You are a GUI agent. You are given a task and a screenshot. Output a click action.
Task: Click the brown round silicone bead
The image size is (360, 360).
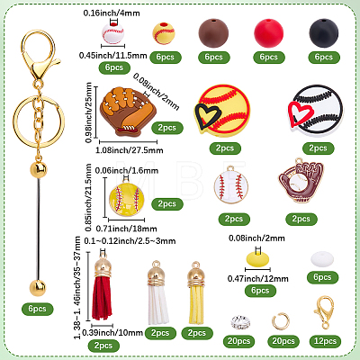pos(213,33)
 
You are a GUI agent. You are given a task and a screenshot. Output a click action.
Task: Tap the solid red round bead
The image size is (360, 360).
pos(268,33)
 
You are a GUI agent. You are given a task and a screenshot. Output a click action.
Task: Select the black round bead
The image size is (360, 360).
pos(324,33)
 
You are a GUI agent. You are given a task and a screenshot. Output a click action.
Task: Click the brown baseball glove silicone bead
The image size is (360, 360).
pos(126,111)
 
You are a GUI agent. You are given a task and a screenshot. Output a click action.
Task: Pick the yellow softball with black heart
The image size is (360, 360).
pos(222,111)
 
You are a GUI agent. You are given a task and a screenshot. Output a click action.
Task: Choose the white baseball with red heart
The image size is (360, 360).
pos(316,111)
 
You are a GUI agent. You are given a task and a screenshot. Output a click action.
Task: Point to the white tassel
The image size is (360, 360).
pos(158,292)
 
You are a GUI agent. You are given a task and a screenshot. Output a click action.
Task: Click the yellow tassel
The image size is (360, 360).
pos(196,292)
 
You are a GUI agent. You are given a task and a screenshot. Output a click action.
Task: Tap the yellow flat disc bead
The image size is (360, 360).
pos(257,259)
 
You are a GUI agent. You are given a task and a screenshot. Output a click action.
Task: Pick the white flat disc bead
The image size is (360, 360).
pos(322,259)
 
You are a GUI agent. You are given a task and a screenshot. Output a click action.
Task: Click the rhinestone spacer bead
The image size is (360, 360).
pos(239,321)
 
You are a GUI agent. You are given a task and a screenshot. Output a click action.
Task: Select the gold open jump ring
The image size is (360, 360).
pos(281,321)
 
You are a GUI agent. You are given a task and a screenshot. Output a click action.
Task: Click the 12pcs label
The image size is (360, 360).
pos(325,341)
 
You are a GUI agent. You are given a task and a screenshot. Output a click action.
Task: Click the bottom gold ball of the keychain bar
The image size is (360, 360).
pos(38,288)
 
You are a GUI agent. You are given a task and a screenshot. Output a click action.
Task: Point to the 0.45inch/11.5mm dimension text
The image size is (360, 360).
pos(113,56)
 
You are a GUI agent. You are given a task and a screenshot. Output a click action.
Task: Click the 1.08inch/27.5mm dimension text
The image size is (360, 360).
pos(130,150)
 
